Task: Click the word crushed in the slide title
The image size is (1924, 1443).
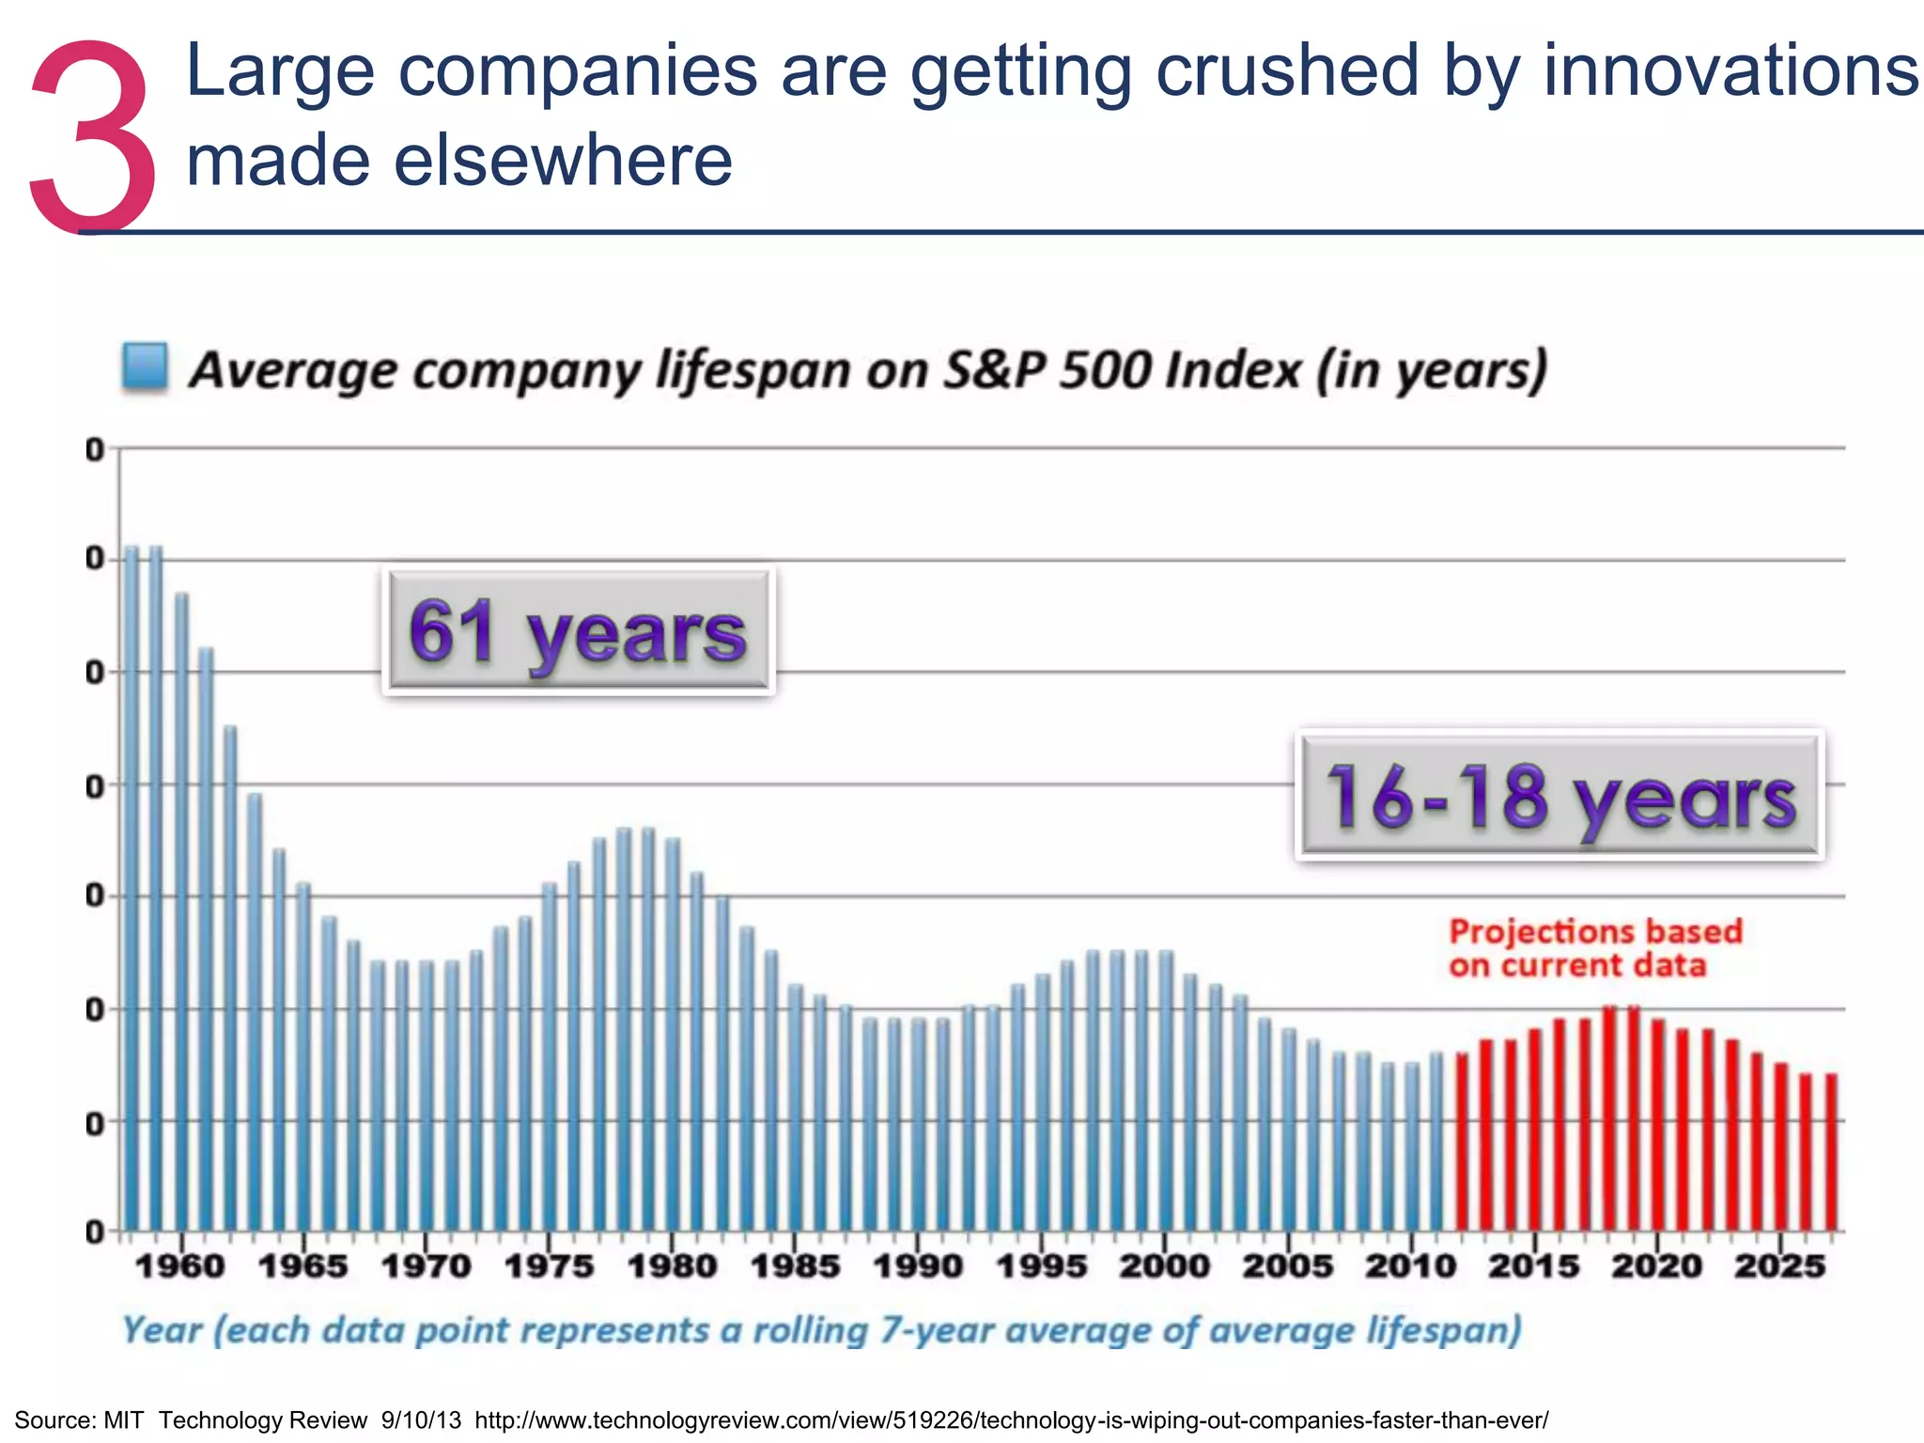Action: (1286, 71)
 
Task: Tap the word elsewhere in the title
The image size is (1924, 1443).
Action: (561, 161)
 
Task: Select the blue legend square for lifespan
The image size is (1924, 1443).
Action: (145, 366)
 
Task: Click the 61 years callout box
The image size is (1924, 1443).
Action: (579, 631)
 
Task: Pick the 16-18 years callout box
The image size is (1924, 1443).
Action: (1559, 796)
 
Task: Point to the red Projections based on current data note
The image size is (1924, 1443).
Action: (1594, 948)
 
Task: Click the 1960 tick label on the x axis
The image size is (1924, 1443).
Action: (180, 1266)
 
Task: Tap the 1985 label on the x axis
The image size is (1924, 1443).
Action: (796, 1266)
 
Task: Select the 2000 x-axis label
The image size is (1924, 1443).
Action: (1165, 1266)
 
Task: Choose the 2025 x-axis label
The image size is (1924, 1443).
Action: (1779, 1266)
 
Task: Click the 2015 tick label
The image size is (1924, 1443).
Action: (1533, 1266)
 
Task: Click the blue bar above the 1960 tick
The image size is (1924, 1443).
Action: (181, 911)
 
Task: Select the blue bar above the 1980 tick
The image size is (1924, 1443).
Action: (673, 1033)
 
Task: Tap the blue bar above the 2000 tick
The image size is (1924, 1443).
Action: (1166, 1090)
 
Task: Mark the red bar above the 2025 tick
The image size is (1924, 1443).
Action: (1781, 1146)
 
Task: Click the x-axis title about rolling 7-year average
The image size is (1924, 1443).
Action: (822, 1330)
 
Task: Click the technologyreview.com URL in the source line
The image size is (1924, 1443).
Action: (1011, 1420)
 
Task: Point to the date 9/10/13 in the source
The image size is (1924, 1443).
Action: (421, 1420)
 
